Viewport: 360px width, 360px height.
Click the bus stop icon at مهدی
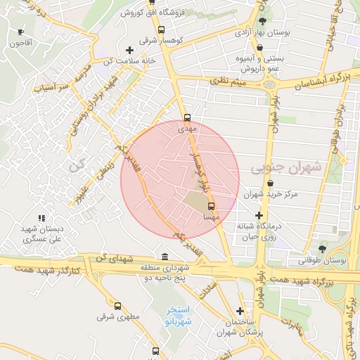(x=186, y=118)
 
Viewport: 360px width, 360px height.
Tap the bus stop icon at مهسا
(x=211, y=206)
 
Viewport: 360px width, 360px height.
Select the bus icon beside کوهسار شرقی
(x=162, y=30)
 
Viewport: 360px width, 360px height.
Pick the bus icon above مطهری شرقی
(x=117, y=306)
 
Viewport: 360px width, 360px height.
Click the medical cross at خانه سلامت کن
(x=129, y=50)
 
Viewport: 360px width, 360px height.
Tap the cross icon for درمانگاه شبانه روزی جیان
(x=259, y=215)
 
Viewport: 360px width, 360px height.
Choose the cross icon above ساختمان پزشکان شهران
(x=240, y=310)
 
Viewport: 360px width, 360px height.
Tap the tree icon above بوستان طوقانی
(x=322, y=249)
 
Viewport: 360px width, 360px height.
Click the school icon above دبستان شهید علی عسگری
(x=41, y=218)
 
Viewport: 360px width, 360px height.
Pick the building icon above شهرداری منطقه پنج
(x=165, y=256)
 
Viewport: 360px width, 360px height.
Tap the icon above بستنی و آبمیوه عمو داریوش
(x=260, y=48)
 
